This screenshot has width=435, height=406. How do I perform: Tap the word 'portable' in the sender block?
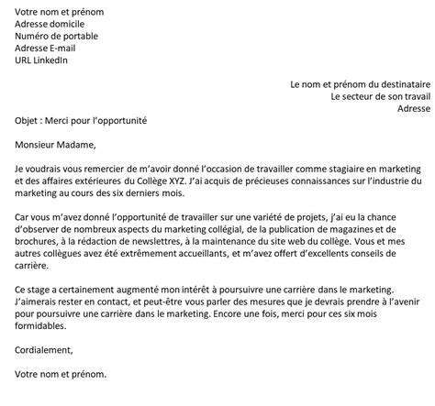tap(84, 37)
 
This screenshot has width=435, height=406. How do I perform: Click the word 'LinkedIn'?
tap(52, 60)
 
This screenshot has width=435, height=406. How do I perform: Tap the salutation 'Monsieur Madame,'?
tap(56, 144)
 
